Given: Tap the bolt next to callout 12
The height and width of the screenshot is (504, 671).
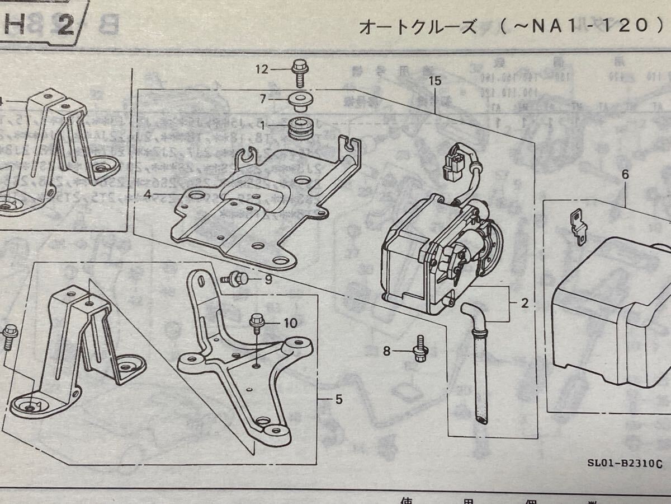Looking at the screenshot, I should pyautogui.click(x=298, y=73).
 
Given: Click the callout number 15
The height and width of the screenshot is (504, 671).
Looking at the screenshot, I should pyautogui.click(x=434, y=81).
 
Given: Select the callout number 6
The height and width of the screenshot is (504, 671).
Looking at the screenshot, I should pyautogui.click(x=625, y=174).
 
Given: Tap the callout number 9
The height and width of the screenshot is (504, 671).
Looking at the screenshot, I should pyautogui.click(x=268, y=278).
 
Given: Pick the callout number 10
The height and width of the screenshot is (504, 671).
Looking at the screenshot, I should pyautogui.click(x=290, y=323).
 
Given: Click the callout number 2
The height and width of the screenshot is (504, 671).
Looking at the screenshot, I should pyautogui.click(x=524, y=304).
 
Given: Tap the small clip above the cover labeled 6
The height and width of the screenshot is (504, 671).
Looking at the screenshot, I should pyautogui.click(x=577, y=225).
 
